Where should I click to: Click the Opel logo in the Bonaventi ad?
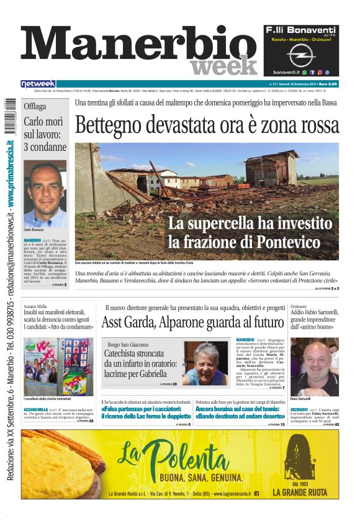click(300, 55)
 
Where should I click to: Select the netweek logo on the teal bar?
click(38, 83)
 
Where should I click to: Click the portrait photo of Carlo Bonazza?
click(45, 194)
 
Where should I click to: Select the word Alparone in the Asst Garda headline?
click(186, 322)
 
